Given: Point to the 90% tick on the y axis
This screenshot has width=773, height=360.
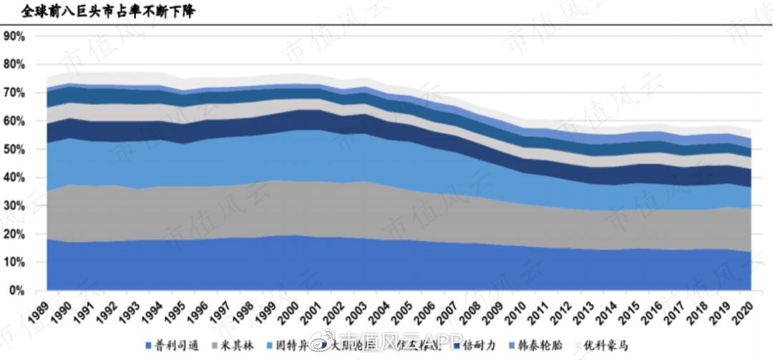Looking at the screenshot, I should point(14,36).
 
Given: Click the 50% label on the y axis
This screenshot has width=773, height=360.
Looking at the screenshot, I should point(14,149).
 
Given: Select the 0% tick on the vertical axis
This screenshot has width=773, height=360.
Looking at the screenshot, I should point(17,291).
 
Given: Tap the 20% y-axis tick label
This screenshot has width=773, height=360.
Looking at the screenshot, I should point(14,234).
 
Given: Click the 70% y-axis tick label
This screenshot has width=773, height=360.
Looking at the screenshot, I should point(14,92).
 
